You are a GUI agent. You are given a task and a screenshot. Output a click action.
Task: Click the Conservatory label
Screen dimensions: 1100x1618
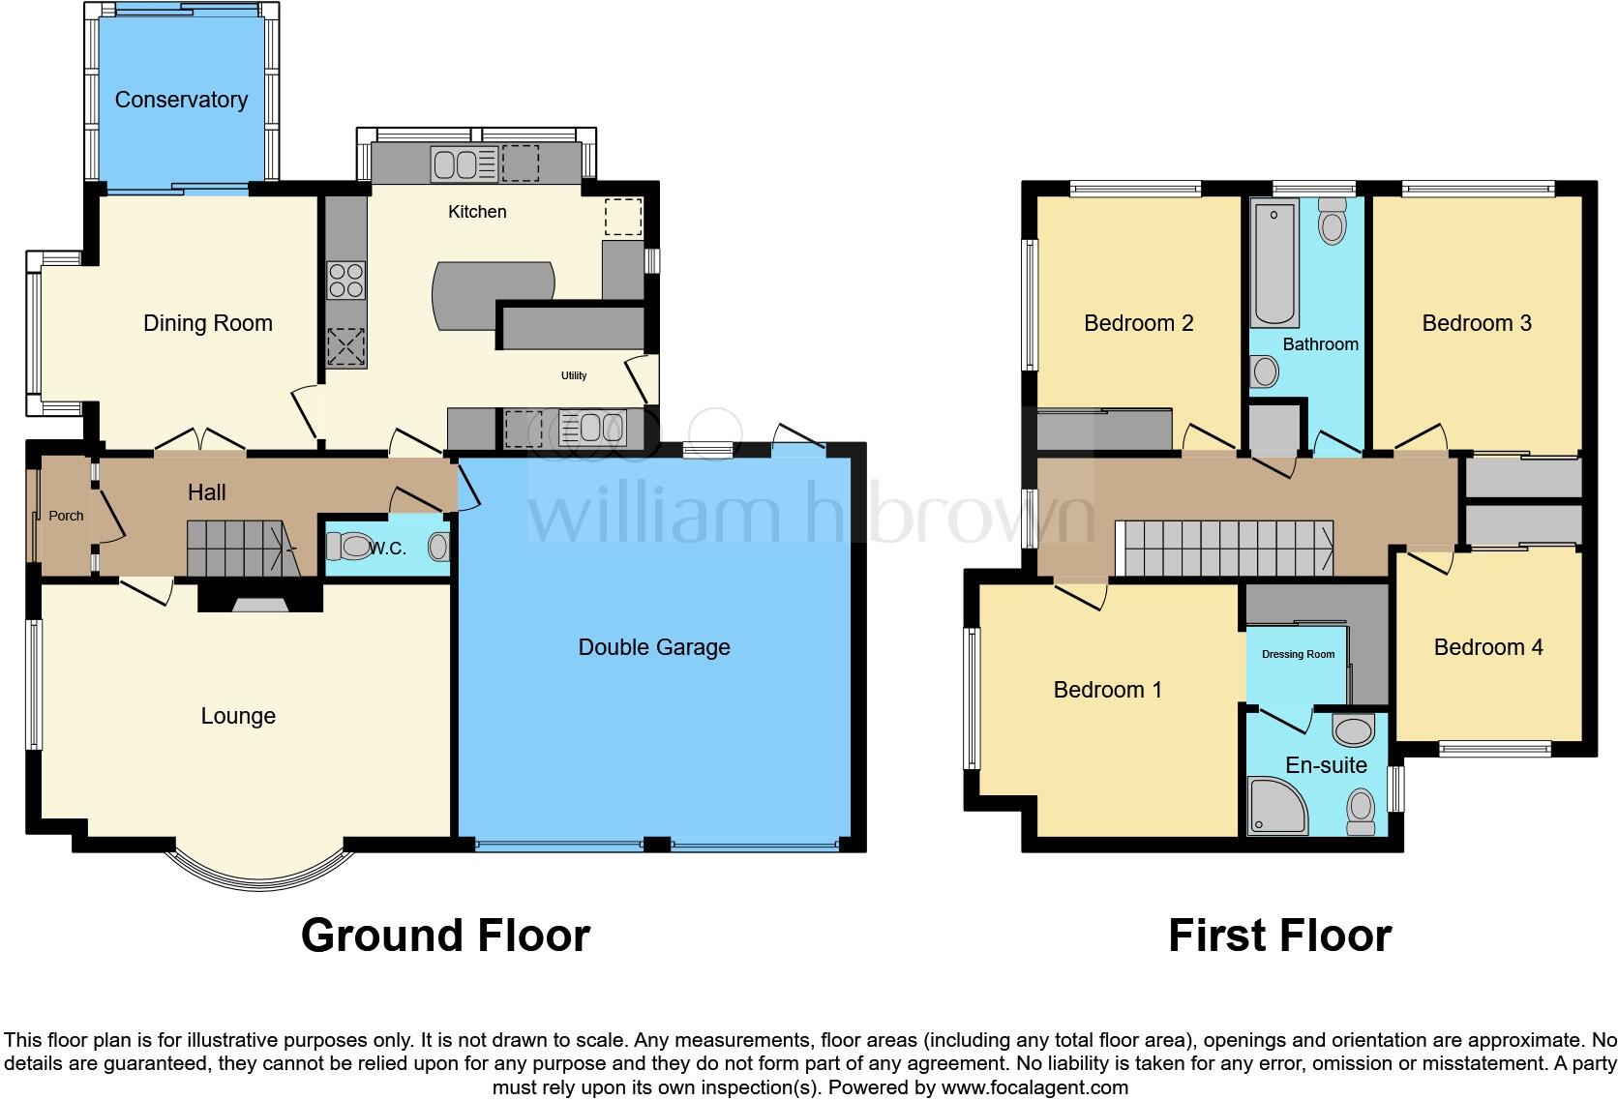[x=181, y=100]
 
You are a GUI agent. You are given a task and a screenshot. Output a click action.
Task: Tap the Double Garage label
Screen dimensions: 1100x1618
[x=654, y=647]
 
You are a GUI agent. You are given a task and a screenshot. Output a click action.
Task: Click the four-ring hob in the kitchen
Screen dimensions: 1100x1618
[x=346, y=281]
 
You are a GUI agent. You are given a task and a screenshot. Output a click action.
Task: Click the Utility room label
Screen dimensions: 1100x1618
[x=574, y=375]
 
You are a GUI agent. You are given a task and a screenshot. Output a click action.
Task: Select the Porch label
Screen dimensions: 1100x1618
[x=66, y=516]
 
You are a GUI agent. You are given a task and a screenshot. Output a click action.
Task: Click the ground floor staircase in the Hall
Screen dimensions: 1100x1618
[x=240, y=549]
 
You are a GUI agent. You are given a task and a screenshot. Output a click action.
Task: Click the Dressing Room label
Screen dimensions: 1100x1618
[x=1298, y=654]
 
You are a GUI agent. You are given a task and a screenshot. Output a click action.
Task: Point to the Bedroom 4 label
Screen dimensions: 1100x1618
[x=1487, y=647]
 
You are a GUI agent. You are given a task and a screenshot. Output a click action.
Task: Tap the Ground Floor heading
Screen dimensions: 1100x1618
[x=445, y=936]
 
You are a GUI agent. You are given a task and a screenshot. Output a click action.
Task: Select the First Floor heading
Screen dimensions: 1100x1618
[x=1279, y=936]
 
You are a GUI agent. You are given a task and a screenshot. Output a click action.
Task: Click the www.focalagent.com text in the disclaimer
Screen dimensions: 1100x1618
[x=1034, y=1086]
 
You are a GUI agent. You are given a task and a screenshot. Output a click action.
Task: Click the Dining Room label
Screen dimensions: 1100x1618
[x=208, y=323]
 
